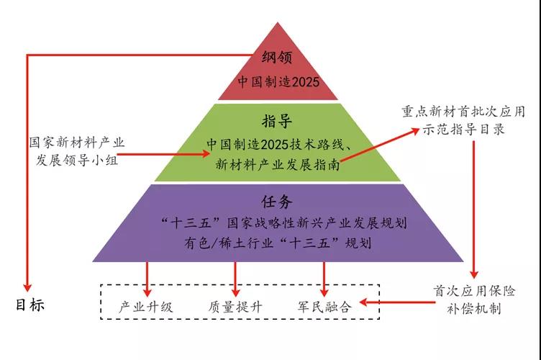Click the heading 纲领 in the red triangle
coord(277,57)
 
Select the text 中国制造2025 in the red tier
coord(278,82)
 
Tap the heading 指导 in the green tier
coord(277,121)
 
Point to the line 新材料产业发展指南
coord(278,164)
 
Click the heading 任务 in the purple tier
coord(277,202)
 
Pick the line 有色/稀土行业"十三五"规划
coord(278,243)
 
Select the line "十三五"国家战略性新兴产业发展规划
coord(283,223)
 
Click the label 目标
coord(30,305)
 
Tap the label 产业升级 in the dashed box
coord(145,307)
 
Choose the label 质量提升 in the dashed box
coord(235,307)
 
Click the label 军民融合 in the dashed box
coord(324,307)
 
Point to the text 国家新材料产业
coord(76,143)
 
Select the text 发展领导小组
coord(76,160)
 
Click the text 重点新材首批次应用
coord(463,112)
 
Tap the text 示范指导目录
coord(463,130)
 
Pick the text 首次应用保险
coord(474,291)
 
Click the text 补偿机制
coord(474,309)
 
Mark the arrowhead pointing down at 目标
coord(27,287)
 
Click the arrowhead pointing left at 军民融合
coord(363,302)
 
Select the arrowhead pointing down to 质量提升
coord(236,292)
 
